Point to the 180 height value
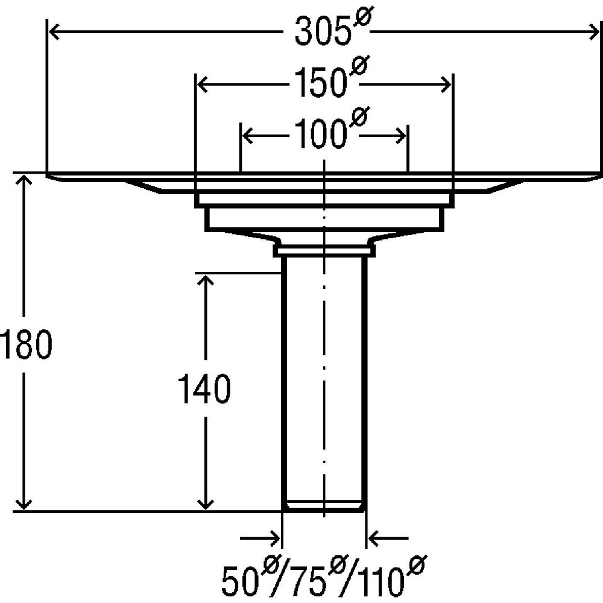(x=26, y=344)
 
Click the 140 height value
(x=204, y=389)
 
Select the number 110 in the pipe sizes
(x=380, y=581)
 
